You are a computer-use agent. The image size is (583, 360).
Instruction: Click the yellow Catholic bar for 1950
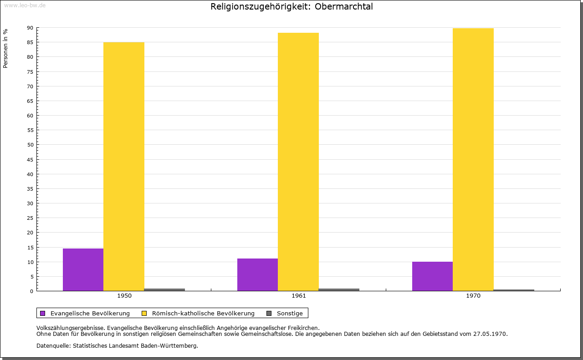click(124, 167)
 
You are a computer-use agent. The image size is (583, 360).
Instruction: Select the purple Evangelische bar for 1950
click(83, 269)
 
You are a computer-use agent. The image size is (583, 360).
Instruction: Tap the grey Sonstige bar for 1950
click(164, 289)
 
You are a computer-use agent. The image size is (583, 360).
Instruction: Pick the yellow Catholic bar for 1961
click(298, 162)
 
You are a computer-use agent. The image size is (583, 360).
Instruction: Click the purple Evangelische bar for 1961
click(257, 274)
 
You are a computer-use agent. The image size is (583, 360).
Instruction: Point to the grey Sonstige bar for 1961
click(339, 289)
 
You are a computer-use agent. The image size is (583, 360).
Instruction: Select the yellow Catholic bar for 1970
click(473, 159)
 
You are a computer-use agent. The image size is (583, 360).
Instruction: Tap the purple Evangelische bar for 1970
click(432, 276)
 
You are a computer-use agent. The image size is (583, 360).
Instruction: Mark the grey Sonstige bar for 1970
click(514, 290)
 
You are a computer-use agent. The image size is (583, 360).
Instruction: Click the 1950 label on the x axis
click(124, 296)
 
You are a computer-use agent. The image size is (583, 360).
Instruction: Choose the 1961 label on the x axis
click(299, 296)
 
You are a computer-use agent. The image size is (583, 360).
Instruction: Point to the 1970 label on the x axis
click(473, 296)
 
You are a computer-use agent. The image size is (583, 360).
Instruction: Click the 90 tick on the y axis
click(30, 28)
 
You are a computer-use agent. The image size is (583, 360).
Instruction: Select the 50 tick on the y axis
click(30, 145)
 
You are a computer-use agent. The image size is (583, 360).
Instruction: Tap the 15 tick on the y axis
click(30, 247)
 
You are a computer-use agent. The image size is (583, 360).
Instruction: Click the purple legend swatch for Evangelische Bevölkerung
click(43, 313)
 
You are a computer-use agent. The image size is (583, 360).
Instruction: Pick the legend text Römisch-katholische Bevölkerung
click(203, 313)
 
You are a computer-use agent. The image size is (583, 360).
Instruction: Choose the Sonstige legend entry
click(290, 313)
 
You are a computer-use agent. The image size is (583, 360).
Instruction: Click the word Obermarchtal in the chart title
click(344, 7)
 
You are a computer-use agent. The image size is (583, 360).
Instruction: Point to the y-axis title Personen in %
click(5, 48)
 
